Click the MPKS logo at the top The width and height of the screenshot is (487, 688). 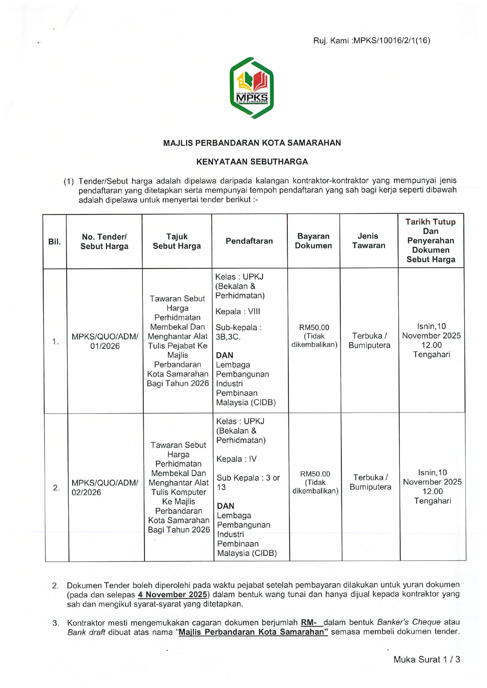tap(252, 88)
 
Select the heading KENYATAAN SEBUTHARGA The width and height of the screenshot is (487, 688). tap(252, 162)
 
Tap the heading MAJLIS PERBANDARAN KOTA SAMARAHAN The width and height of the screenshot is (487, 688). tap(252, 143)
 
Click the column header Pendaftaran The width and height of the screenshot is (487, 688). tap(249, 241)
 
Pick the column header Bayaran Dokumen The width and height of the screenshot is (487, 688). tap(313, 241)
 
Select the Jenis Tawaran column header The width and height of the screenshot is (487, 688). tap(368, 241)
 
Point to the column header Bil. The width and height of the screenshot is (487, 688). tap(55, 241)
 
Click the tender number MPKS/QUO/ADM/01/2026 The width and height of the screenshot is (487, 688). tap(105, 341)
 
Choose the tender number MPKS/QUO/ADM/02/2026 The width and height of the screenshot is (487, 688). tap(104, 487)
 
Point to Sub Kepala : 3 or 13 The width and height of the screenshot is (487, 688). tap(248, 483)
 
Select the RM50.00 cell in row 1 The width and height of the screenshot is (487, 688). tap(314, 336)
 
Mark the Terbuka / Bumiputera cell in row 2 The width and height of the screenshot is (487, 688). tap(370, 482)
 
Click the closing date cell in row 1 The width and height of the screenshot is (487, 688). tap(431, 340)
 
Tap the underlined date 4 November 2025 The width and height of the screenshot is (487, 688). tap(173, 594)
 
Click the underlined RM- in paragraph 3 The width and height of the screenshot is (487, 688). tap(312, 622)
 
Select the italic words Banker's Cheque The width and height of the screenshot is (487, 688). tap(409, 622)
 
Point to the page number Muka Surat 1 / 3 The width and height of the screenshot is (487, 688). tap(427, 659)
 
